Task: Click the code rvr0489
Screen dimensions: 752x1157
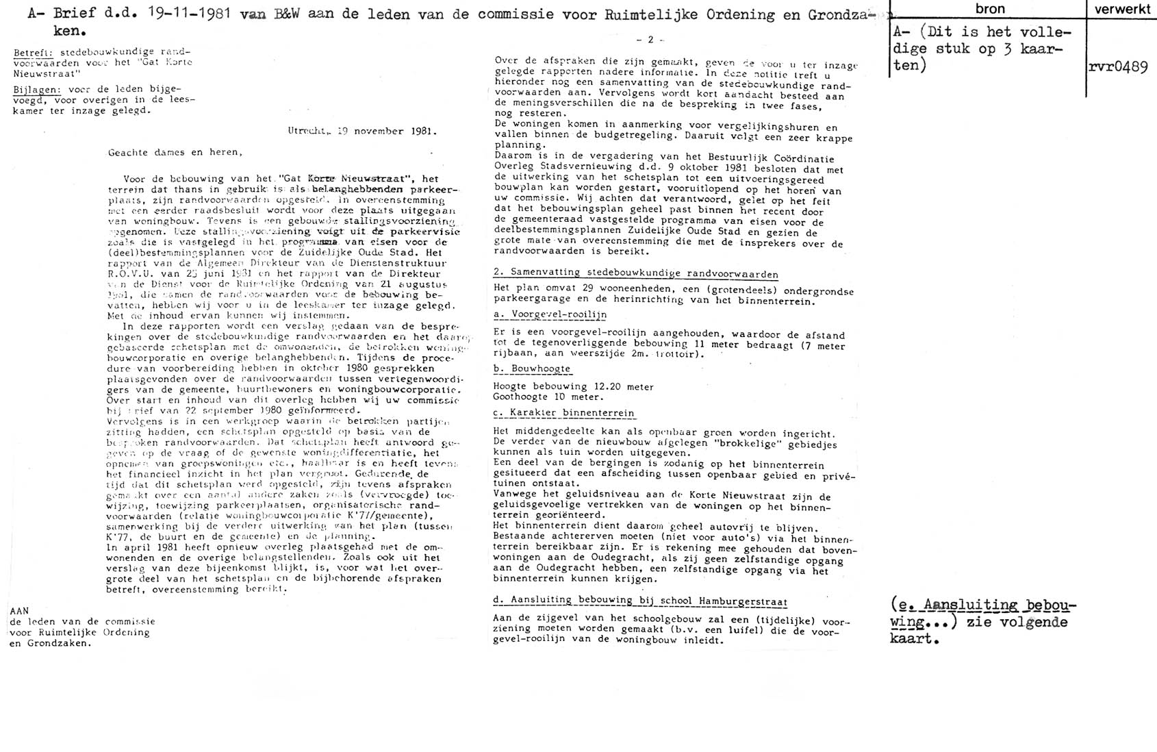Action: pyautogui.click(x=1117, y=67)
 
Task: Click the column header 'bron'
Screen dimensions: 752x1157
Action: pyautogui.click(x=989, y=9)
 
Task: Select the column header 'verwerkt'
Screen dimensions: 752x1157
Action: pyautogui.click(x=1121, y=9)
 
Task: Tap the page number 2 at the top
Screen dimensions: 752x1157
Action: pyautogui.click(x=650, y=40)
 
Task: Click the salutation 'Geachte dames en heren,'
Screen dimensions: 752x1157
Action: pyautogui.click(x=174, y=152)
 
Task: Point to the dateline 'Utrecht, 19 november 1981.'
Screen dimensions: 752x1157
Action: pyautogui.click(x=362, y=131)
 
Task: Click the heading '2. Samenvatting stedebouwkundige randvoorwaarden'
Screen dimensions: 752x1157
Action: pyautogui.click(x=635, y=274)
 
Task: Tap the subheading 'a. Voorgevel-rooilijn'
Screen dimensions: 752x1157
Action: pyautogui.click(x=550, y=314)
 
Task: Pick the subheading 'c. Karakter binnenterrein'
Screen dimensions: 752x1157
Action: pyautogui.click(x=563, y=414)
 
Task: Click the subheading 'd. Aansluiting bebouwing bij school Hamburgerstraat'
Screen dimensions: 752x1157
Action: pyautogui.click(x=640, y=601)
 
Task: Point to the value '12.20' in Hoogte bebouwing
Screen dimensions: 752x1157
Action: pyautogui.click(x=605, y=387)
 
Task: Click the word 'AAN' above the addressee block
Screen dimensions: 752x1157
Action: pyautogui.click(x=19, y=610)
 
